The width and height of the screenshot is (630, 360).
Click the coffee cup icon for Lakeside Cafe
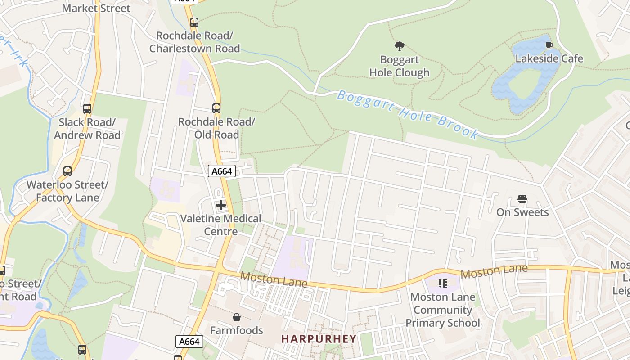click(549, 45)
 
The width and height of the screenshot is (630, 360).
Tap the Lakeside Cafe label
click(549, 58)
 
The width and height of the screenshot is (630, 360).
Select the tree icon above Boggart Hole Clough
click(399, 46)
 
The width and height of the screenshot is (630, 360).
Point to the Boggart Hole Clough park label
click(399, 66)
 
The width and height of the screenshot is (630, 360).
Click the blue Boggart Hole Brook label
click(407, 114)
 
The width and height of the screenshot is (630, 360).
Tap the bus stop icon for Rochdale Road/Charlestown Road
click(194, 22)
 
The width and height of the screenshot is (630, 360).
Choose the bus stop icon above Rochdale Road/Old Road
click(216, 108)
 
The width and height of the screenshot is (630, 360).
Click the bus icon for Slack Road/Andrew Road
click(87, 108)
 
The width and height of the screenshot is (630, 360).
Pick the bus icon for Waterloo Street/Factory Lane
click(67, 171)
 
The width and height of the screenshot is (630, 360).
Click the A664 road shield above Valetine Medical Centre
click(222, 171)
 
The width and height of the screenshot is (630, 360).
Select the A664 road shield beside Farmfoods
click(189, 342)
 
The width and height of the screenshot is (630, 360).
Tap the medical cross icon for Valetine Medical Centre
click(221, 205)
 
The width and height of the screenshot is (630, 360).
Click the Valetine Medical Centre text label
click(220, 225)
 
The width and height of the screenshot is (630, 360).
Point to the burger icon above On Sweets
click(522, 199)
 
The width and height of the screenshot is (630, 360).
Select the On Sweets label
click(522, 212)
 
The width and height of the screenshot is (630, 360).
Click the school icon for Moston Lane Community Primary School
click(443, 283)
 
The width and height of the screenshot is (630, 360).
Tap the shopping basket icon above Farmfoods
click(237, 318)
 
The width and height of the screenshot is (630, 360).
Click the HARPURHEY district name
click(319, 339)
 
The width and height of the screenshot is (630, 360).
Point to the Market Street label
click(96, 8)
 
